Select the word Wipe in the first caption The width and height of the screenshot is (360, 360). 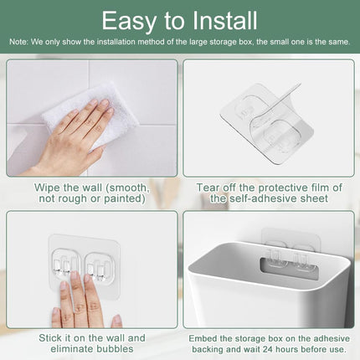coord(49,187)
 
